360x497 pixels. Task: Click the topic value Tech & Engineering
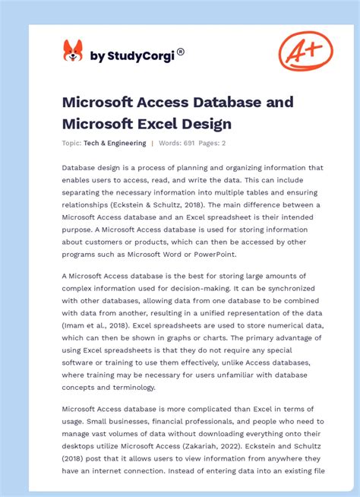click(115, 143)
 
